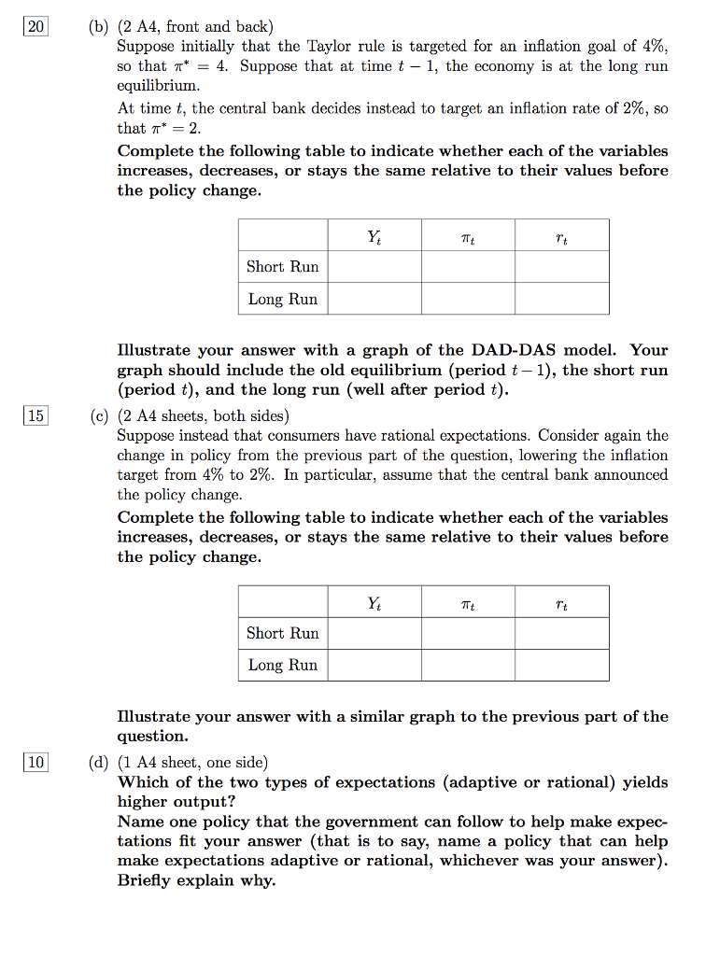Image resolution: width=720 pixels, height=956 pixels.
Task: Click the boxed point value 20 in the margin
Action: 35,27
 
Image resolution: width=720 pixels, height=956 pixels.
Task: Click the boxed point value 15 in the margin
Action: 35,415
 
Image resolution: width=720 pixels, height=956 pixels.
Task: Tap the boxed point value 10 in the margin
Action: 35,763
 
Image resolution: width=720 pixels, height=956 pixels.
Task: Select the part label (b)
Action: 98,27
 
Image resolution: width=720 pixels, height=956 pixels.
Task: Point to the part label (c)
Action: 98,415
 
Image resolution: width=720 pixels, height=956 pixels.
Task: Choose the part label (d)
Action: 98,763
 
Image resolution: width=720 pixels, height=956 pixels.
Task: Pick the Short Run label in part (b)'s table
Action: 282,267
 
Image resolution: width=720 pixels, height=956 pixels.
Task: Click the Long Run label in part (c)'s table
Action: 282,666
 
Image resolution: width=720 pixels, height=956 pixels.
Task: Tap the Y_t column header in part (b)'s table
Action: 374,236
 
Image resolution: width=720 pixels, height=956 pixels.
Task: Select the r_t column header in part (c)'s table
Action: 561,603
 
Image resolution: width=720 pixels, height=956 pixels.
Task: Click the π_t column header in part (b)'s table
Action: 468,236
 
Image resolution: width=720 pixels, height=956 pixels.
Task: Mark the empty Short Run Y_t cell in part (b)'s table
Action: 374,267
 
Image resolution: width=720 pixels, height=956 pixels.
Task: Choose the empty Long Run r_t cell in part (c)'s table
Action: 561,666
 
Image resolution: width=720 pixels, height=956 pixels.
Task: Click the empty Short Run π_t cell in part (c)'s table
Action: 468,633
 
